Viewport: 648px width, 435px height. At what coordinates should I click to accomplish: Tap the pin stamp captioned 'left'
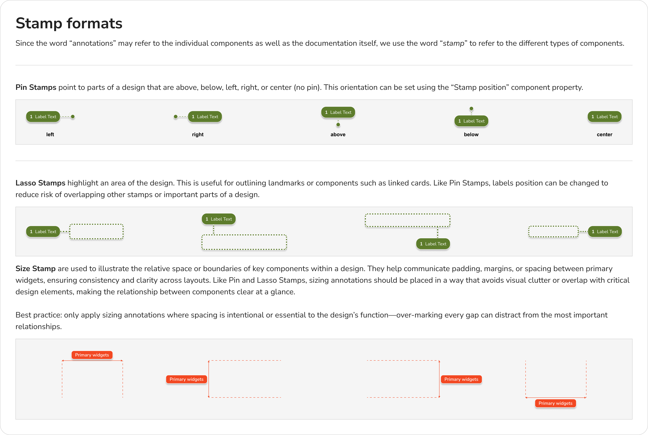pos(43,117)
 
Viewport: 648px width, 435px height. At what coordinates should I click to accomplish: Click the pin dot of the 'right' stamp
pos(176,117)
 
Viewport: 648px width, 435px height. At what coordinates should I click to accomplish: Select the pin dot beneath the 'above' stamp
pos(338,125)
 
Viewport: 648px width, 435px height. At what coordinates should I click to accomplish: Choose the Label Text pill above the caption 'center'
pos(604,117)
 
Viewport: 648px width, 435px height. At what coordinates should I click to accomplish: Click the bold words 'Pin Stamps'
pos(36,87)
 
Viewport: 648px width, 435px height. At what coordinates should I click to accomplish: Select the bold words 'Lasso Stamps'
pos(40,183)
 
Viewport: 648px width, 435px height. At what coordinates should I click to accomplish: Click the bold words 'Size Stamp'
pos(36,269)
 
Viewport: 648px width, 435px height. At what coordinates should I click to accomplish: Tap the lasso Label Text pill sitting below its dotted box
pos(433,244)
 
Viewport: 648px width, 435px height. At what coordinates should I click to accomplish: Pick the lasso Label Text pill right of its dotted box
pos(605,232)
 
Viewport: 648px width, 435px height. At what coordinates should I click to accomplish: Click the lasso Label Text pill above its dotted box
pos(219,219)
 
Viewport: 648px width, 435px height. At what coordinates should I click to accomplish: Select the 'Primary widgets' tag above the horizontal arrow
pos(92,355)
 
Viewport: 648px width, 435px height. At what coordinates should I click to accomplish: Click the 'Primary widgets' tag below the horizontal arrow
pos(555,403)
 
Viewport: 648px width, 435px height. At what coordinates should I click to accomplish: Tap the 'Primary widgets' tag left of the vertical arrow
pos(186,379)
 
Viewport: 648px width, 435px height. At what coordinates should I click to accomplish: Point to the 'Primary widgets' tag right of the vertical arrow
pos(461,379)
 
